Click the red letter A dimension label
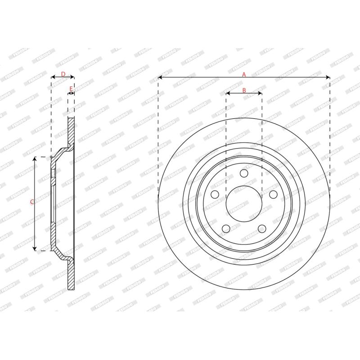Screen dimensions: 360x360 pyautogui.click(x=244, y=74)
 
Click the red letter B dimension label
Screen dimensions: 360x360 pyautogui.click(x=244, y=90)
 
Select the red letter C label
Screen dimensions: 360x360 pyautogui.click(x=32, y=202)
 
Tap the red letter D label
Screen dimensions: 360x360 pyautogui.click(x=63, y=74)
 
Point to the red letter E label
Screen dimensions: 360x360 pyautogui.click(x=71, y=89)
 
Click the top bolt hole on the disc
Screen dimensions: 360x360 pyautogui.click(x=244, y=173)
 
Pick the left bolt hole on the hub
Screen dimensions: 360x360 pyautogui.click(x=215, y=194)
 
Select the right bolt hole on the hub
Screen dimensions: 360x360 pyautogui.click(x=273, y=194)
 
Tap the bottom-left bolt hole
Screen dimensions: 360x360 pyautogui.click(x=226, y=229)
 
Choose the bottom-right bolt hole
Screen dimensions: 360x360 pyautogui.click(x=262, y=229)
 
